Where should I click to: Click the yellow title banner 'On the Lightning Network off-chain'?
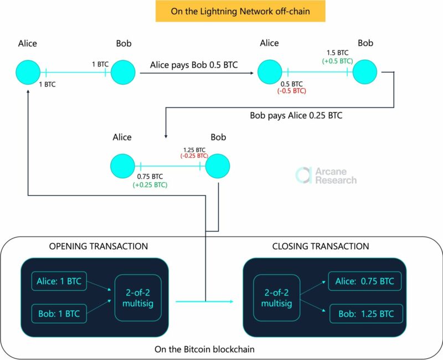click(x=240, y=11)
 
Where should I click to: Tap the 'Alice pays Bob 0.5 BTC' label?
click(x=194, y=65)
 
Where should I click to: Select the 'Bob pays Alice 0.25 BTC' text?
click(x=296, y=116)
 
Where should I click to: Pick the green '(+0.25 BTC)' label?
click(x=150, y=185)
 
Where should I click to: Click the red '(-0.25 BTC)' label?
click(x=194, y=156)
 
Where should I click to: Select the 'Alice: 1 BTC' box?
click(x=57, y=281)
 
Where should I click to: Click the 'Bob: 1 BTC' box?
click(x=57, y=314)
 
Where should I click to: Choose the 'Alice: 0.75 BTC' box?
click(x=364, y=281)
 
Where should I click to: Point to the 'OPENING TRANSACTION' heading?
click(x=99, y=246)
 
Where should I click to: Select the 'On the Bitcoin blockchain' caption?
click(x=203, y=349)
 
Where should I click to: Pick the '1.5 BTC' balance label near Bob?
click(x=336, y=53)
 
